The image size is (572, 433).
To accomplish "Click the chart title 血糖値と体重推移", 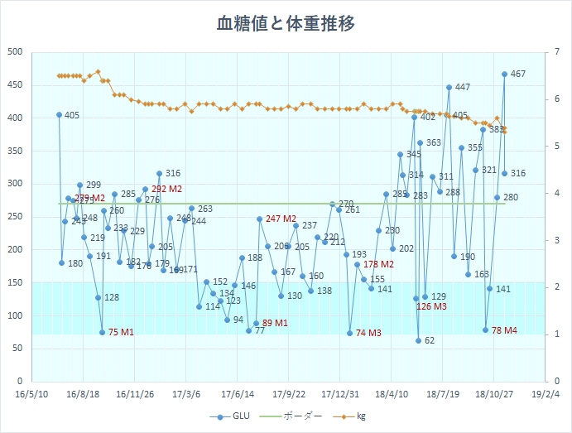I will pos(286,24).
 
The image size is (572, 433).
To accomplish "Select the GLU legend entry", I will pos(233,416).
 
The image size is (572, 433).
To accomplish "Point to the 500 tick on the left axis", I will pos(14,52).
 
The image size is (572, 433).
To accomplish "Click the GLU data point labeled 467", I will pos(504,75).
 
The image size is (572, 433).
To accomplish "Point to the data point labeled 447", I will pos(449,87).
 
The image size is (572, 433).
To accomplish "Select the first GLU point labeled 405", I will pos(59,115).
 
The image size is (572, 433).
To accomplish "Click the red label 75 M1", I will pos(121,333).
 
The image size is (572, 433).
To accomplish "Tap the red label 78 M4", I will pos(504,330).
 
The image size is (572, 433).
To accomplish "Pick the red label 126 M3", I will pos(431,306).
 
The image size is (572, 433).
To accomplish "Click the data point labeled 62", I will pos(419,340).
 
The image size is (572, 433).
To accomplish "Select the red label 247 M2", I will pos(281,219).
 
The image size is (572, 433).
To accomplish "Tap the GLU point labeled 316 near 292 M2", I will pos(159,174).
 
